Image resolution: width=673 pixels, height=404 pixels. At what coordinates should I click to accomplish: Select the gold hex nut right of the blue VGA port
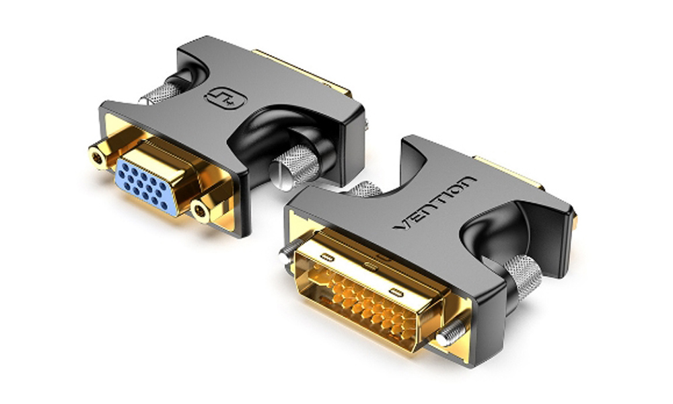(201, 213)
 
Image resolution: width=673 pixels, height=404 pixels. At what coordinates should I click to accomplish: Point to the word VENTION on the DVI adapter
(434, 202)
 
